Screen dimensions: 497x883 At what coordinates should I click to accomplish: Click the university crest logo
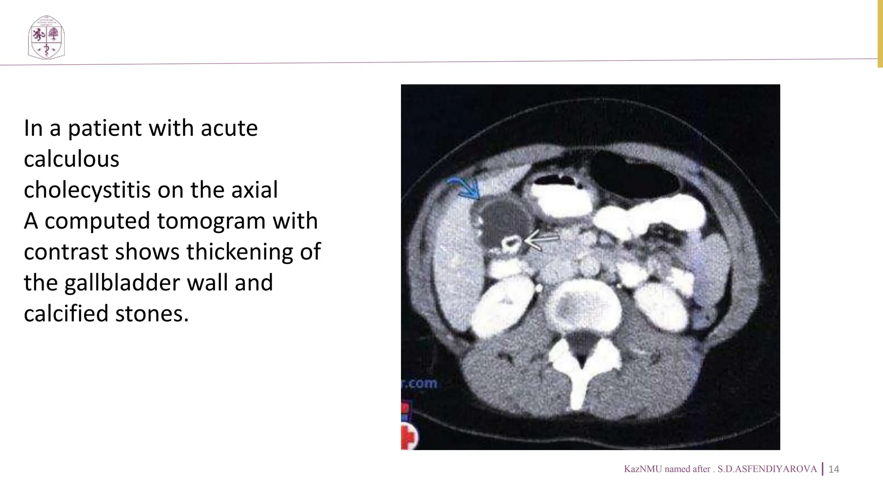[x=46, y=38]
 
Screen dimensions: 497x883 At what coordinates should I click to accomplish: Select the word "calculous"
[x=72, y=159]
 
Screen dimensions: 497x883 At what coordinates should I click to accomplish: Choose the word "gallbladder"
[x=145, y=283]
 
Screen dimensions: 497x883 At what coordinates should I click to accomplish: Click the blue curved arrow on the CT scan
[x=466, y=188]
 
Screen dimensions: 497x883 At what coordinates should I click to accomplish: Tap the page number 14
[x=834, y=469]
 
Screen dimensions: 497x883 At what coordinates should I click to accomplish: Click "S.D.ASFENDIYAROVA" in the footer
[x=767, y=469]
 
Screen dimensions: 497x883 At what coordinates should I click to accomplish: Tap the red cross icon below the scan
[x=408, y=437]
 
